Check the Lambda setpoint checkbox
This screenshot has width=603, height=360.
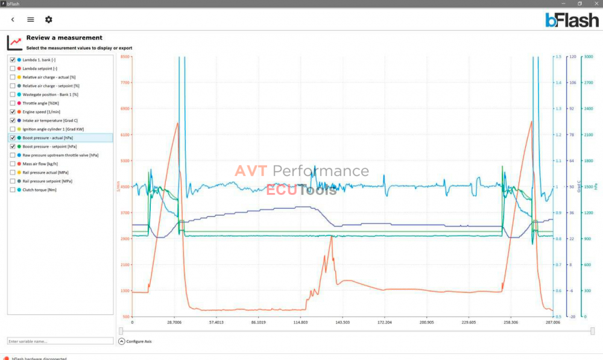pos(13,69)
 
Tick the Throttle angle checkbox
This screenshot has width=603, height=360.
pos(13,103)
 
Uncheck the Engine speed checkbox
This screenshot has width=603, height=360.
pos(13,112)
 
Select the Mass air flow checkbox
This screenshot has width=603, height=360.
pos(13,164)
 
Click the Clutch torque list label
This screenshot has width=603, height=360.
pos(39,190)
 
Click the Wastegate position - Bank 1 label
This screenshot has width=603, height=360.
pos(51,95)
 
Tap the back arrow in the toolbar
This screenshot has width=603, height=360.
pos(13,20)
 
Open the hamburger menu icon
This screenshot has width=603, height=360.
pos(31,20)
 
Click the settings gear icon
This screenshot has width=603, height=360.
pos(49,20)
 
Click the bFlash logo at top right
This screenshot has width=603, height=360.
pos(572,21)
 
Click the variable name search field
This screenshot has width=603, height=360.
pos(60,341)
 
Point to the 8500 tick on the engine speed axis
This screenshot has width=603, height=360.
pos(125,57)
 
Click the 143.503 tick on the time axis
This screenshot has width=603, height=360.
pos(343,323)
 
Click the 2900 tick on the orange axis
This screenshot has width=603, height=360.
pos(125,239)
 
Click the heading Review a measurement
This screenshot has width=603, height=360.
pos(64,38)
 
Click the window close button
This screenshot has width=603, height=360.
pos(596,4)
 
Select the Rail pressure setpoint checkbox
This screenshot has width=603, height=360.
pos(13,182)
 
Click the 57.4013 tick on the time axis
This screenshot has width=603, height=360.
pos(216,323)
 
